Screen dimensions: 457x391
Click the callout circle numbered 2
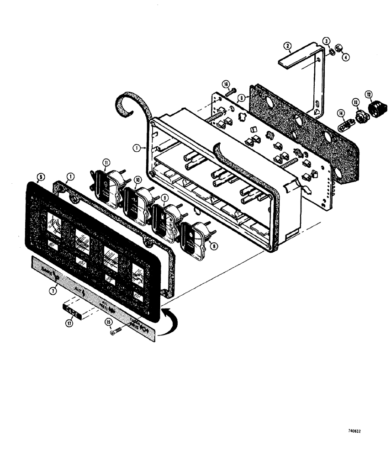coord(287,46)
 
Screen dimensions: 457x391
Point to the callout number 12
coord(369,95)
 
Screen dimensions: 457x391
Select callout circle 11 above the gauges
coord(106,162)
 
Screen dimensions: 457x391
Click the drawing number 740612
coord(354,431)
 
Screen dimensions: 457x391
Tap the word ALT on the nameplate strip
coord(79,289)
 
